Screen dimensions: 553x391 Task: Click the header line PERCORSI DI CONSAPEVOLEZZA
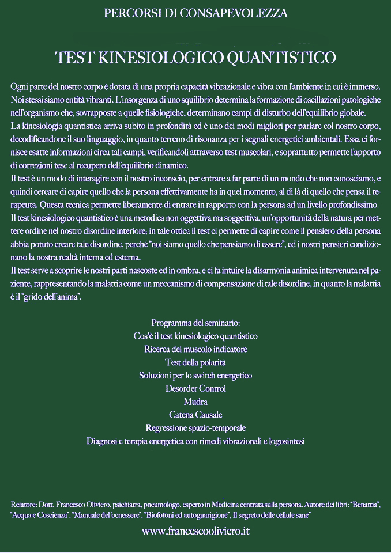195,13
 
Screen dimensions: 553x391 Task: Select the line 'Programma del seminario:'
195,323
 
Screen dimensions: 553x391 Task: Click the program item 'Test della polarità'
195,362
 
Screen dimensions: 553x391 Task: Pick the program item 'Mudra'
195,402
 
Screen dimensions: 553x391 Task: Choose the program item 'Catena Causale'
195,415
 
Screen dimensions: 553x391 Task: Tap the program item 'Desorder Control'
195,389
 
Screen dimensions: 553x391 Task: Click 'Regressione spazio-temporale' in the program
195,428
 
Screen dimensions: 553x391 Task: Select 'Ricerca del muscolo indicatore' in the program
195,349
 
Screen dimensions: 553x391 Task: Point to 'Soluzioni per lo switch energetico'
195,376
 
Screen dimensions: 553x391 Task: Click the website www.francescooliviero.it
195,531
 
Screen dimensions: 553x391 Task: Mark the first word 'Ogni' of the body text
20,86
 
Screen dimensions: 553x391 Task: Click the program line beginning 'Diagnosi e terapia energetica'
195,441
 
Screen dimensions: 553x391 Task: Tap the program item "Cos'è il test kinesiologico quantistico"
195,336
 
